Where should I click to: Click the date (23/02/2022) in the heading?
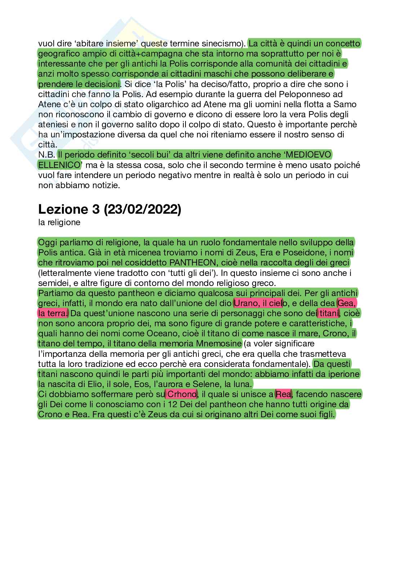tap(142, 209)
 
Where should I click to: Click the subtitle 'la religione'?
tap(59, 222)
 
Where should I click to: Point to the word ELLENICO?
tap(59, 165)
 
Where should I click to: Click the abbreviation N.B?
tap(46, 155)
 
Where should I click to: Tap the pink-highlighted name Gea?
tap(345, 303)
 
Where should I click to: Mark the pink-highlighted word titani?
tap(329, 314)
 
